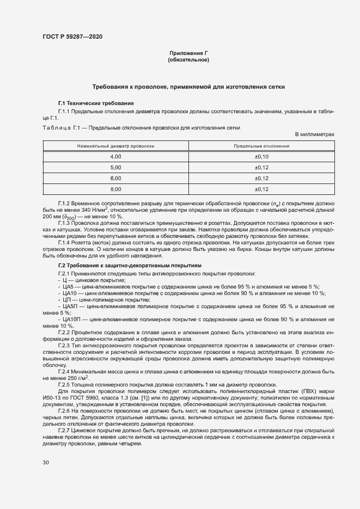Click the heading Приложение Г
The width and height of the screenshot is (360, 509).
tap(188, 53)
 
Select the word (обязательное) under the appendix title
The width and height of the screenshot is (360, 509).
tap(188, 60)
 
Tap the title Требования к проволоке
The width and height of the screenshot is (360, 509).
tap(188, 87)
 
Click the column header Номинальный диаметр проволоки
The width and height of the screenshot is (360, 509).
tap(115, 146)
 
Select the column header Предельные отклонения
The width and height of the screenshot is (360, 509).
tap(261, 146)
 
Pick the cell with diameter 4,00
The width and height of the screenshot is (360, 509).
tap(115, 156)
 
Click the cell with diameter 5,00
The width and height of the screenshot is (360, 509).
tap(115, 167)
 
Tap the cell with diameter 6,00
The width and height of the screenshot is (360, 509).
tap(115, 178)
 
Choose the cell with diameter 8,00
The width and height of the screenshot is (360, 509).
tap(115, 189)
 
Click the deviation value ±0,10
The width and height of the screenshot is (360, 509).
tap(261, 156)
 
